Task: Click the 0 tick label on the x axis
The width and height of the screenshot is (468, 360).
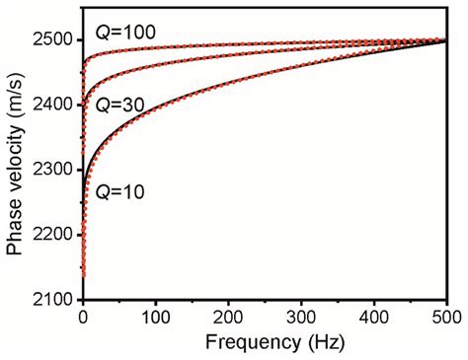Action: tap(83, 318)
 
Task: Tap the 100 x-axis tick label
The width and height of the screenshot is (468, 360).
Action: tap(155, 318)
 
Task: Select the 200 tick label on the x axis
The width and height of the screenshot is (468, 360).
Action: tap(228, 318)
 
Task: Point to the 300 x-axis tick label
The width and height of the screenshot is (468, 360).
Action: tap(301, 318)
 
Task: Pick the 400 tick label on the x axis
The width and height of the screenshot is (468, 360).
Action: tap(374, 318)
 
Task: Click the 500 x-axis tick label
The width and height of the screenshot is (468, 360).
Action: tap(446, 318)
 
